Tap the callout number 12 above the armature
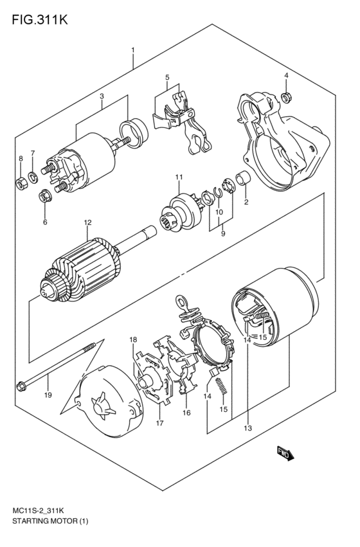[88, 223]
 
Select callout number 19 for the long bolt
[47, 395]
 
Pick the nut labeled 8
[20, 183]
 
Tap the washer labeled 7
[33, 177]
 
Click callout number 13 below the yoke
[248, 427]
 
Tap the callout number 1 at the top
[132, 49]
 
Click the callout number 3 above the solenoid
[101, 96]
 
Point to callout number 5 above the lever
[166, 78]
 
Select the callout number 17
[158, 423]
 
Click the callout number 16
[186, 413]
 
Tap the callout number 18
[133, 339]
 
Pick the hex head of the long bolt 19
[21, 388]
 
